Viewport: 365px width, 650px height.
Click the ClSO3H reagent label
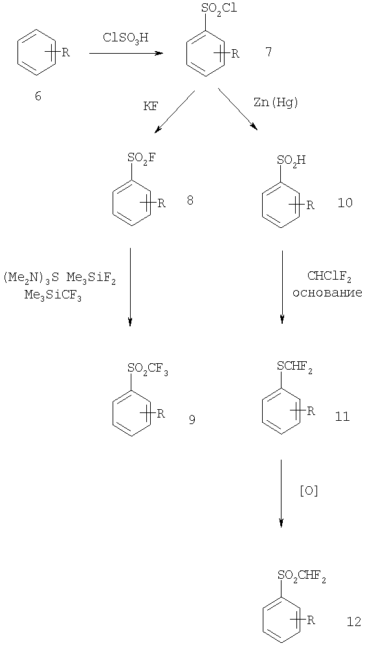pos(126,38)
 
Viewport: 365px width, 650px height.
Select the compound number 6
pos(38,96)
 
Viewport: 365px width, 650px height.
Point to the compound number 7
pos(269,52)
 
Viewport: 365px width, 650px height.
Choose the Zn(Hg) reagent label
pos(276,103)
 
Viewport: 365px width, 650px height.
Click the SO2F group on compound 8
pos(142,159)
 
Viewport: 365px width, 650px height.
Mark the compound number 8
pos(190,201)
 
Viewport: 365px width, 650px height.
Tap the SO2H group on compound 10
pos(291,161)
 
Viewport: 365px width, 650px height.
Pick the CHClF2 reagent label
pos(329,276)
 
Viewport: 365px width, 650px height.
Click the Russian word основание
pos(327,293)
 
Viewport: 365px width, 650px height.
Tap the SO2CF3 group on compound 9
pos(148,369)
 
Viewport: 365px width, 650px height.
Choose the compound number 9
pos(192,420)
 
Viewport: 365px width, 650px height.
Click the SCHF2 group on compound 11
pos(294,368)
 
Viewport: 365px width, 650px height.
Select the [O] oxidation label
pos(309,491)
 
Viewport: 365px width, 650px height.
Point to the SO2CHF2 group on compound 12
pos(301,576)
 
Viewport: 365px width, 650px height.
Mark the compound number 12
pos(354,622)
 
